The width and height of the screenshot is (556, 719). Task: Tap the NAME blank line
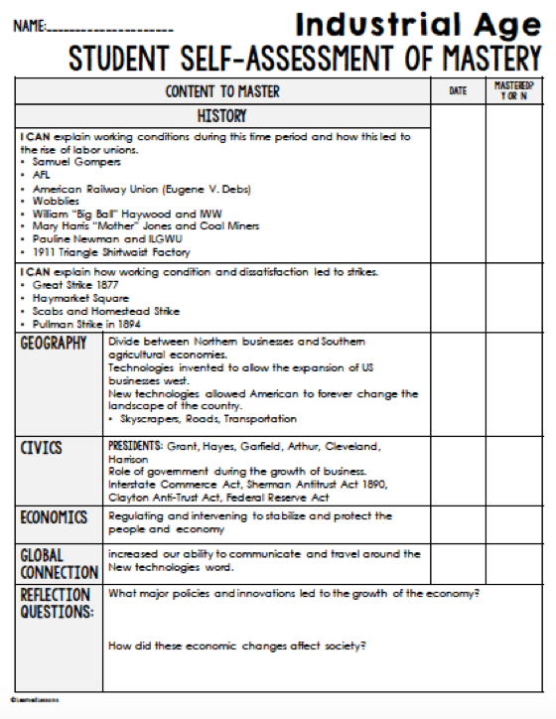coord(108,29)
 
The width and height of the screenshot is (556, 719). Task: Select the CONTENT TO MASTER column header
coord(222,92)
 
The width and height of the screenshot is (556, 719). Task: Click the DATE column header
coord(458,91)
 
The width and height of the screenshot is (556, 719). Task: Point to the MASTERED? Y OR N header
coord(513,91)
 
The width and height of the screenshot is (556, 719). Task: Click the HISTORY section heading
coord(222,116)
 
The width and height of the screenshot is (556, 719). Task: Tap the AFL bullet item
coord(41,174)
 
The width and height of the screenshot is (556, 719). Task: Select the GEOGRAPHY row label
coord(56,345)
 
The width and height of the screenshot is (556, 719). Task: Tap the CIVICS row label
coord(42,448)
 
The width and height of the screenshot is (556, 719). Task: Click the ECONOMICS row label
coord(55,518)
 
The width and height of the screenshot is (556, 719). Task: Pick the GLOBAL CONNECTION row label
coord(59,564)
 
